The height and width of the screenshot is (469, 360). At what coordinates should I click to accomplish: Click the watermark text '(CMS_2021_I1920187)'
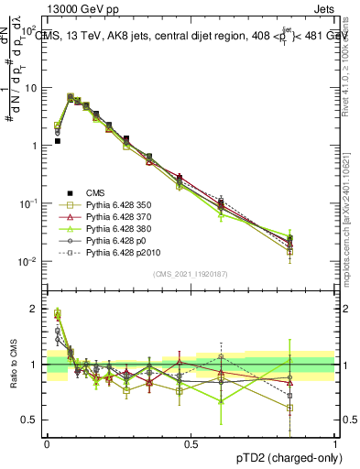(x=190, y=273)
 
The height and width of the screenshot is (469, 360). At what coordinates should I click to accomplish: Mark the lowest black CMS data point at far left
(x=57, y=141)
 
